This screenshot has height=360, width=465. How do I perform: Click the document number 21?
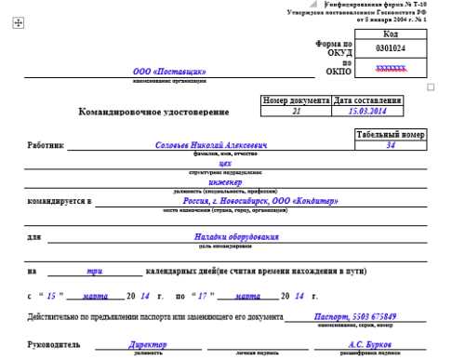pos(296,111)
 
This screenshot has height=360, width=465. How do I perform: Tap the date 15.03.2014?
pos(367,111)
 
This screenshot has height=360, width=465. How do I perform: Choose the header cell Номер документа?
pos(296,100)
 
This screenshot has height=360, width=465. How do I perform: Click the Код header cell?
pos(391,33)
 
